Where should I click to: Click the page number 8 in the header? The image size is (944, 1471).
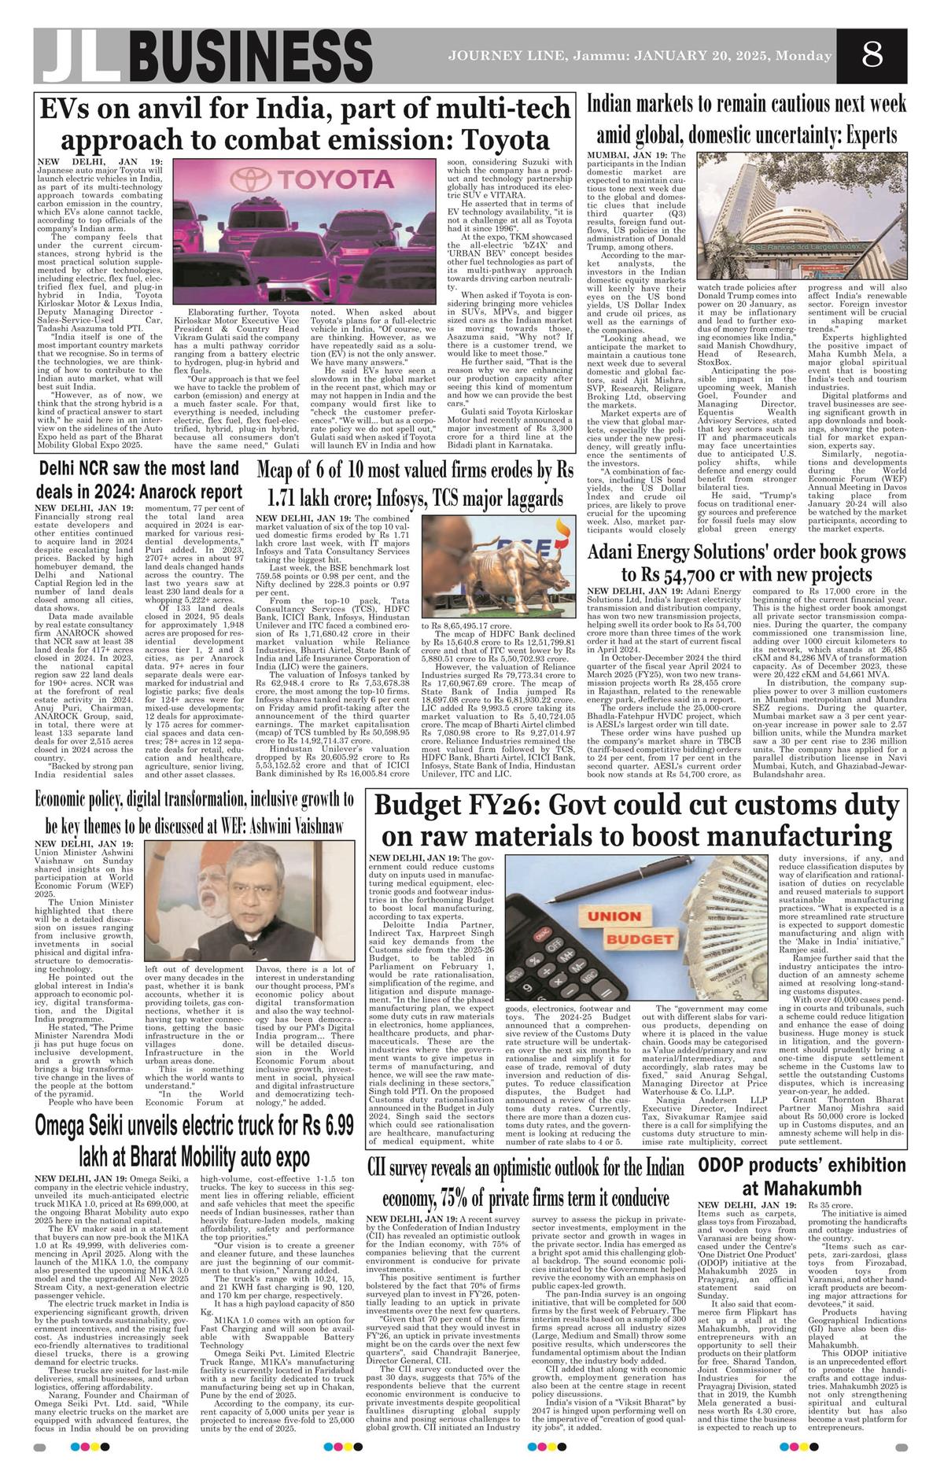[872, 55]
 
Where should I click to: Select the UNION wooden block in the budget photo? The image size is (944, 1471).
[614, 917]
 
